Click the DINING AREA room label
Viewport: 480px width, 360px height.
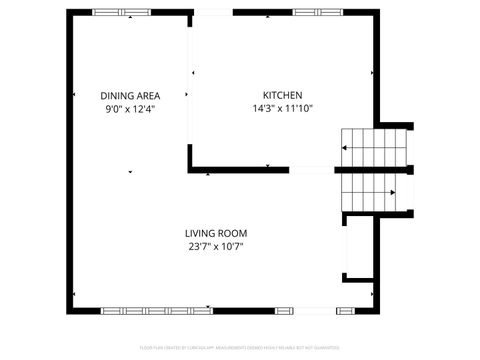coord(130,95)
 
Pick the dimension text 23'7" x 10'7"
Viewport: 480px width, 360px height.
coord(216,246)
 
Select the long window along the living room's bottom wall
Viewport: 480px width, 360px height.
coord(157,311)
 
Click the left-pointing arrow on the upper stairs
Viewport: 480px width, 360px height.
coord(344,147)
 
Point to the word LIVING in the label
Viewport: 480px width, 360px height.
coord(200,233)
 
